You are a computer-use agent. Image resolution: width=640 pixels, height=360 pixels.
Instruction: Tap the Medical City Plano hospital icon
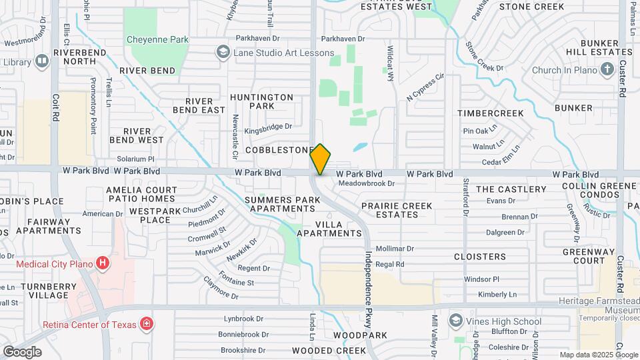pyautogui.click(x=102, y=263)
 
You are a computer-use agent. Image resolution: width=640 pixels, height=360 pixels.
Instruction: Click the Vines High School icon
pyautogui.click(x=455, y=321)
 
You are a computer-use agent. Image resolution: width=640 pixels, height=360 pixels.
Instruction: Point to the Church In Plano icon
pyautogui.click(x=607, y=69)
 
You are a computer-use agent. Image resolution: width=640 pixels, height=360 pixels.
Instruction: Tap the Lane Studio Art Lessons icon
pyautogui.click(x=223, y=53)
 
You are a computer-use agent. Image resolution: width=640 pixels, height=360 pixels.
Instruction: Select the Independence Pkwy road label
pyautogui.click(x=367, y=287)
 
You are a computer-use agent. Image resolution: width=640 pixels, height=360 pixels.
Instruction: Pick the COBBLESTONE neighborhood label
pyautogui.click(x=279, y=151)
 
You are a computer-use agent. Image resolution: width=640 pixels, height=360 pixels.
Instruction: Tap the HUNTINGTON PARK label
pyautogui.click(x=262, y=101)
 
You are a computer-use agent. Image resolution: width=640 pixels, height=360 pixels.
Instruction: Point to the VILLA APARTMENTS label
pyautogui.click(x=329, y=229)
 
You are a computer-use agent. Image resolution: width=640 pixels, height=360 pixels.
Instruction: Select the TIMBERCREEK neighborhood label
pyautogui.click(x=490, y=113)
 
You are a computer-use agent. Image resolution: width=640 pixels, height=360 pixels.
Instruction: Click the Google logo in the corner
pyautogui.click(x=22, y=351)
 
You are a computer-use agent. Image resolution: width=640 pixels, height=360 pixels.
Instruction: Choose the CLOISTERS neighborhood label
pyautogui.click(x=480, y=257)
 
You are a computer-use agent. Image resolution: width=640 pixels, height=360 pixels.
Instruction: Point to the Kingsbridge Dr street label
pyautogui.click(x=268, y=126)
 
